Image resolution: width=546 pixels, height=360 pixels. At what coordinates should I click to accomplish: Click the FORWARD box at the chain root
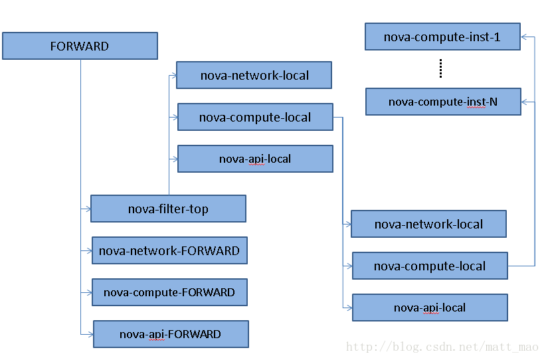pos(80,46)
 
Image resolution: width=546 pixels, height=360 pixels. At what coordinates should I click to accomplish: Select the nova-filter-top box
pos(168,209)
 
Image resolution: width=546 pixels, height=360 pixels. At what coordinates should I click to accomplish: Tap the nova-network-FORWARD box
pos(169,250)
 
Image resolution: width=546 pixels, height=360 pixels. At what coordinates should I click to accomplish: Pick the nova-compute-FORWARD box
pos(169,292)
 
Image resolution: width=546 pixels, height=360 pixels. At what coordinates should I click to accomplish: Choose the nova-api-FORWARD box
pos(171,334)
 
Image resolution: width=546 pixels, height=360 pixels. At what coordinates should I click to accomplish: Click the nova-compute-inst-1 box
pos(442,37)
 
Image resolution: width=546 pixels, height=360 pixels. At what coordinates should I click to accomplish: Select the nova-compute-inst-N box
pos(443,102)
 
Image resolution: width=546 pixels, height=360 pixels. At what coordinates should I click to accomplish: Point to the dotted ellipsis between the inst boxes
pos(441,68)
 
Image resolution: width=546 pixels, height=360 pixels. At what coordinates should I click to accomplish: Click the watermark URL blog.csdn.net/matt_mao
pos(442,347)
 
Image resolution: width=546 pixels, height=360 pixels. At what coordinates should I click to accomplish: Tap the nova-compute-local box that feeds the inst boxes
pos(430,266)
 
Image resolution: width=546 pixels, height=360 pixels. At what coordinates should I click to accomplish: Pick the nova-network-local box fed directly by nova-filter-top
pos(254,75)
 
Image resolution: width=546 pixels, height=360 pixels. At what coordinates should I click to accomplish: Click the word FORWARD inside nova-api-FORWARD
pos(195,334)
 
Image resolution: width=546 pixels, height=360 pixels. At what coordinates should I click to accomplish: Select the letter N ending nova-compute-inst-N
pos(494,102)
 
